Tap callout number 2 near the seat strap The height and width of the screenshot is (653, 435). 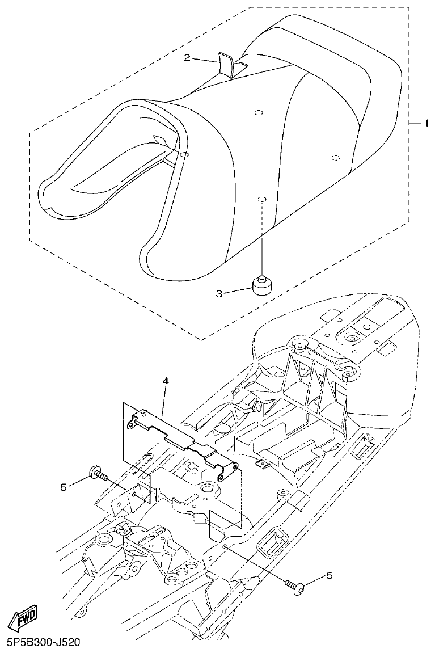186,58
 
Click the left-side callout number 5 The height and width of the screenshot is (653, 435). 64,486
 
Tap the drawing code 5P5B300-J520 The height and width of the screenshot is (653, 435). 41,643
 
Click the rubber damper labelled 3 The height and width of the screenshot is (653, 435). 261,286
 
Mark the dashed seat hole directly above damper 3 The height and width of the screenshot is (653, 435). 261,199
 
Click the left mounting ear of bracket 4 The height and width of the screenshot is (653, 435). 134,422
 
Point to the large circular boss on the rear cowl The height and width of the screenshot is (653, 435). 351,339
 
